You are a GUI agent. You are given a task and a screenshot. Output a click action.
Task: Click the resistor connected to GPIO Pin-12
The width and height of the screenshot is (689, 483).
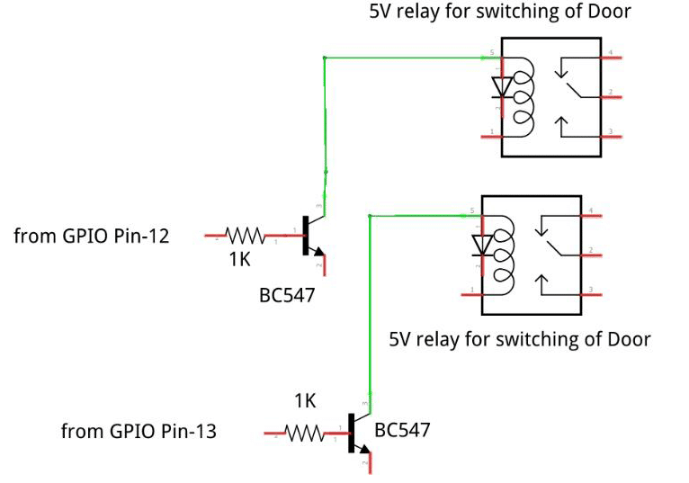[x=245, y=236]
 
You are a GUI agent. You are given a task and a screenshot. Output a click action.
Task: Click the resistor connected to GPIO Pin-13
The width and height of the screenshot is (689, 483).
[x=305, y=434]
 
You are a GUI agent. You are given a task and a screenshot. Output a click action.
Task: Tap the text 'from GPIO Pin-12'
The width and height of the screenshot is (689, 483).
[x=92, y=237]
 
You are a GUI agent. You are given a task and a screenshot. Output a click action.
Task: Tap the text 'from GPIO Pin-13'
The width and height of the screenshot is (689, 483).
[x=139, y=432]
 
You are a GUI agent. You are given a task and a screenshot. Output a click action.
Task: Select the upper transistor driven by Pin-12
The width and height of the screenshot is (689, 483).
[x=311, y=236]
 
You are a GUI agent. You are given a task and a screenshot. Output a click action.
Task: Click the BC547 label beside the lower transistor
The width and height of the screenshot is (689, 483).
[x=402, y=430]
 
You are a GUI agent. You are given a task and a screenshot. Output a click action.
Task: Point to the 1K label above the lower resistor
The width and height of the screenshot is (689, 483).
[x=305, y=401]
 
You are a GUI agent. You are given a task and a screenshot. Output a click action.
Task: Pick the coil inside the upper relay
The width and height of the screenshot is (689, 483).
[x=523, y=94]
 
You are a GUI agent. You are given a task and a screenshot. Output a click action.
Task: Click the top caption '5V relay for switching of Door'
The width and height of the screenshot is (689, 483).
[x=500, y=12]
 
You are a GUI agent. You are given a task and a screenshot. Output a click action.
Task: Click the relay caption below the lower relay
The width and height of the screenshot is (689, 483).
[x=519, y=340]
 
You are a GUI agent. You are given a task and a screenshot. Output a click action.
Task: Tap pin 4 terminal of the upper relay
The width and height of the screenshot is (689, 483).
[x=613, y=58]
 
